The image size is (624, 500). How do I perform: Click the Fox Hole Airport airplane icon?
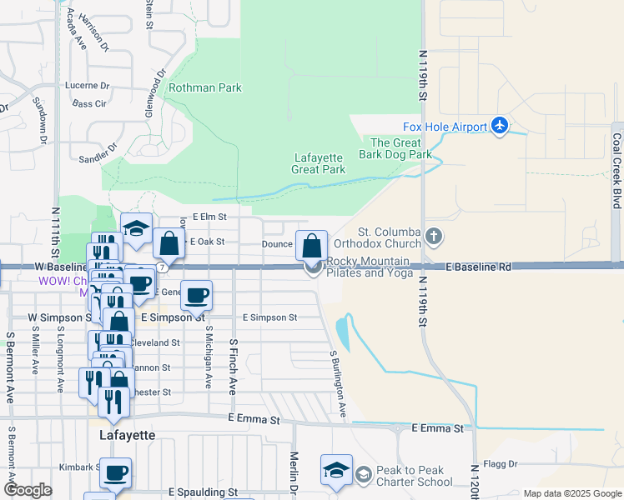tap(500, 126)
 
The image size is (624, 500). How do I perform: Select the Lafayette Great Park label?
tap(320, 163)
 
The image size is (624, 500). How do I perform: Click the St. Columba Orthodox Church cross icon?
tap(433, 237)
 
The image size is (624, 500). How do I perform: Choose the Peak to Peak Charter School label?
tap(415, 476)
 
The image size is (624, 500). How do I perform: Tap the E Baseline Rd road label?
tap(478, 267)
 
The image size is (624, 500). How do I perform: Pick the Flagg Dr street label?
tap(501, 464)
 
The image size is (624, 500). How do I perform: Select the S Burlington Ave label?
tap(339, 383)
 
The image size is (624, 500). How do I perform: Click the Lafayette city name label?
tap(127, 435)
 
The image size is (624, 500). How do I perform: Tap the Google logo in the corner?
tap(28, 490)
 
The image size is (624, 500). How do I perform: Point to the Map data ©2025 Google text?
tap(572, 493)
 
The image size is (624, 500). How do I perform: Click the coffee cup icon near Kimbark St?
tap(115, 472)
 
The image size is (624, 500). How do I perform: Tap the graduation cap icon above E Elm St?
tap(135, 229)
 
